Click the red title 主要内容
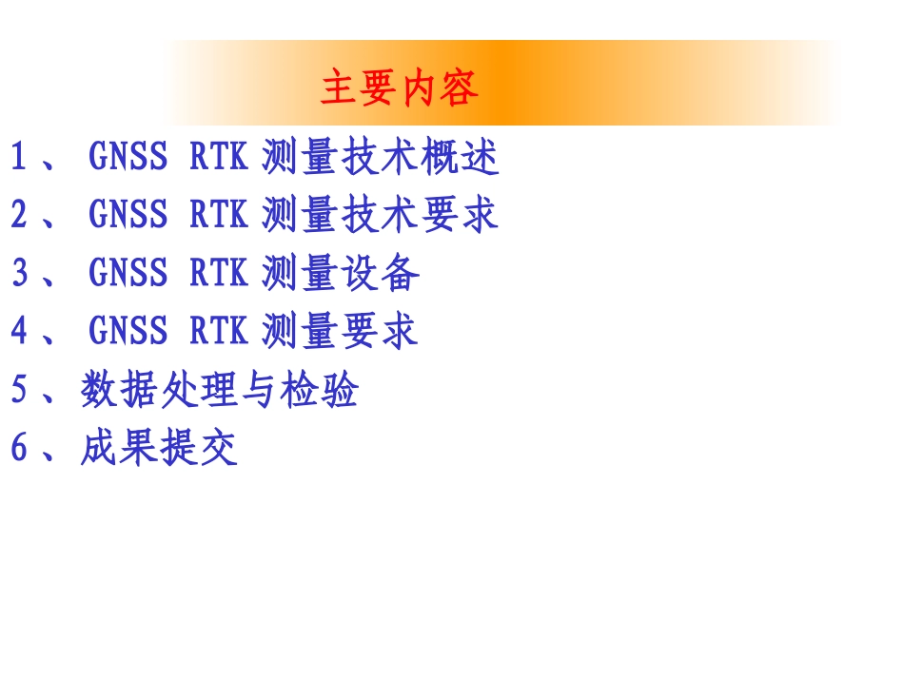point(400,88)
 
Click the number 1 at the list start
point(19,157)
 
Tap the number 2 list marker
point(19,215)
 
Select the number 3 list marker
point(19,273)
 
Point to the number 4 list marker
point(19,331)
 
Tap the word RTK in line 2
point(219,215)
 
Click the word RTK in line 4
point(219,331)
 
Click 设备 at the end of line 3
point(380,273)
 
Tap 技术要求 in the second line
point(420,215)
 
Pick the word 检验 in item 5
point(319,390)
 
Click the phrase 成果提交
point(159,448)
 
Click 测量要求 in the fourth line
point(340,331)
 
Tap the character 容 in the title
point(460,88)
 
